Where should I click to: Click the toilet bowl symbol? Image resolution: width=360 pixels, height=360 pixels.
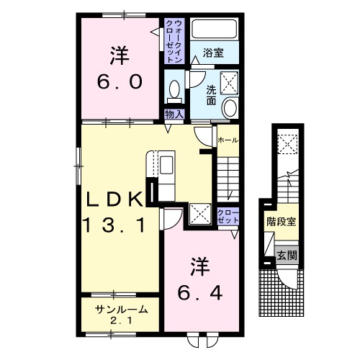coord(174,90)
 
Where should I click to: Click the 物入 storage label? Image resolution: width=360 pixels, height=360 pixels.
coord(173,114)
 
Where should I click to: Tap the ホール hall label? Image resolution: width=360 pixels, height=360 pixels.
coord(227,139)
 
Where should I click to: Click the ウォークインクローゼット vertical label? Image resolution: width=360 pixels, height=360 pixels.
coord(174,41)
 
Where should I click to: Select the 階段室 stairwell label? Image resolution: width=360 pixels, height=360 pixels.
coord(281,222)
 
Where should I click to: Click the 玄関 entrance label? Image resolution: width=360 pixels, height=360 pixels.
coord(286,254)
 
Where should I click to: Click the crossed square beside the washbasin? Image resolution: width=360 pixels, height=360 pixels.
coord(231,81)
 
